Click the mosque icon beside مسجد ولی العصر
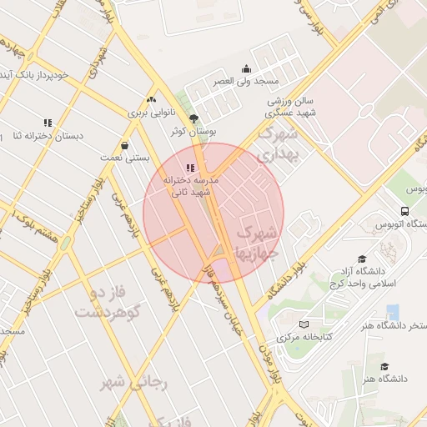(x=246, y=69)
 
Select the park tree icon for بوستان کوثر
(x=194, y=118)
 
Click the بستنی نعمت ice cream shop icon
(x=124, y=145)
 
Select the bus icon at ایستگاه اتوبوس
(x=404, y=211)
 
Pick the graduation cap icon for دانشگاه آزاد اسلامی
(x=361, y=259)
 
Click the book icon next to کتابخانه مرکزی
(x=304, y=324)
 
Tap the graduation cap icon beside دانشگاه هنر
(x=384, y=366)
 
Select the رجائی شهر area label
(x=134, y=383)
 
